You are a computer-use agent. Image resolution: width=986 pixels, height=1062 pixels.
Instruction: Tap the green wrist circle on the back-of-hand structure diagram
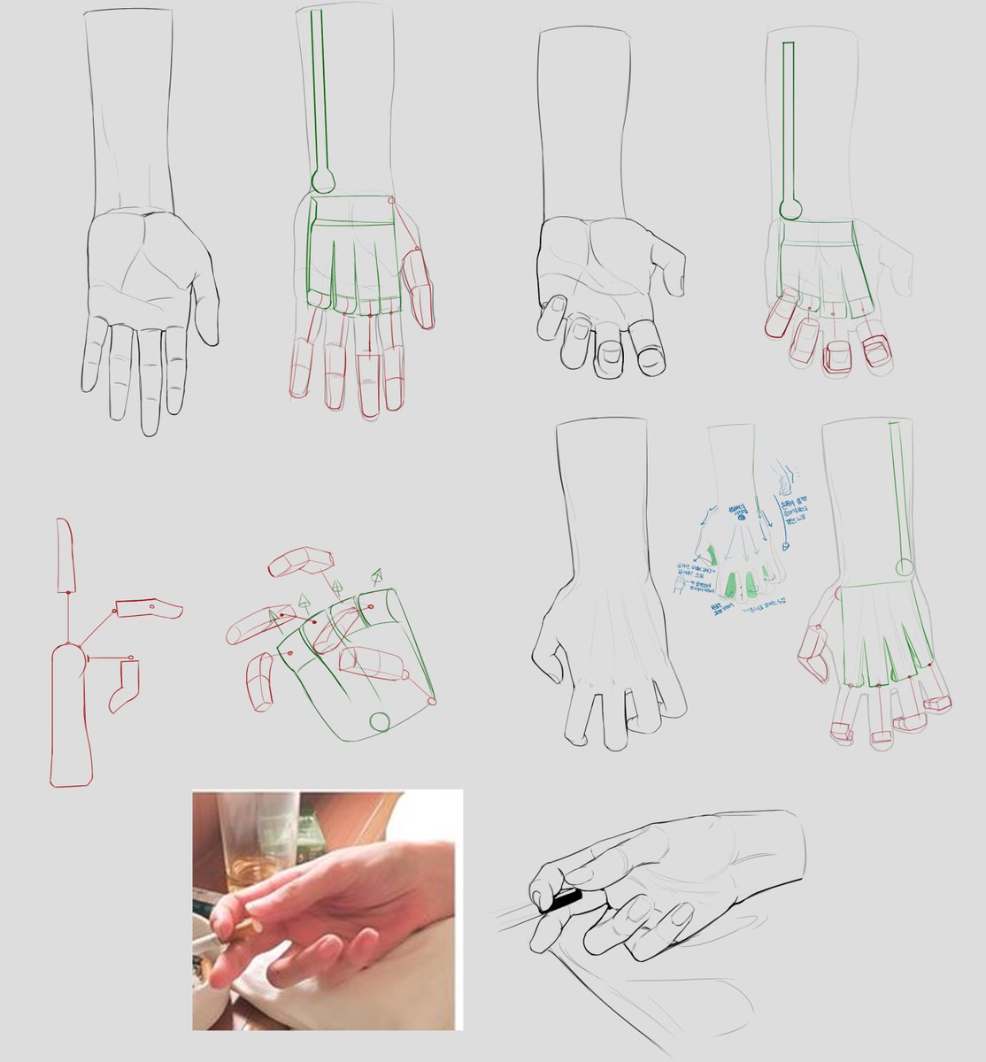pyautogui.click(x=904, y=567)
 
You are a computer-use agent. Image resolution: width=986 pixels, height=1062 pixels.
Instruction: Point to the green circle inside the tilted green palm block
pyautogui.click(x=380, y=721)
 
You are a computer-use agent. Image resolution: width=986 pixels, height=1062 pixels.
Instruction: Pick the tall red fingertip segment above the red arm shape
pyautogui.click(x=65, y=556)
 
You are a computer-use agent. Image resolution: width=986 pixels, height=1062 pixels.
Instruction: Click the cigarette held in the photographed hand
pyautogui.click(x=239, y=928)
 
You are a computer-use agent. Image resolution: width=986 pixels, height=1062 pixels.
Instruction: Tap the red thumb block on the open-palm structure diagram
pyautogui.click(x=420, y=288)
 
